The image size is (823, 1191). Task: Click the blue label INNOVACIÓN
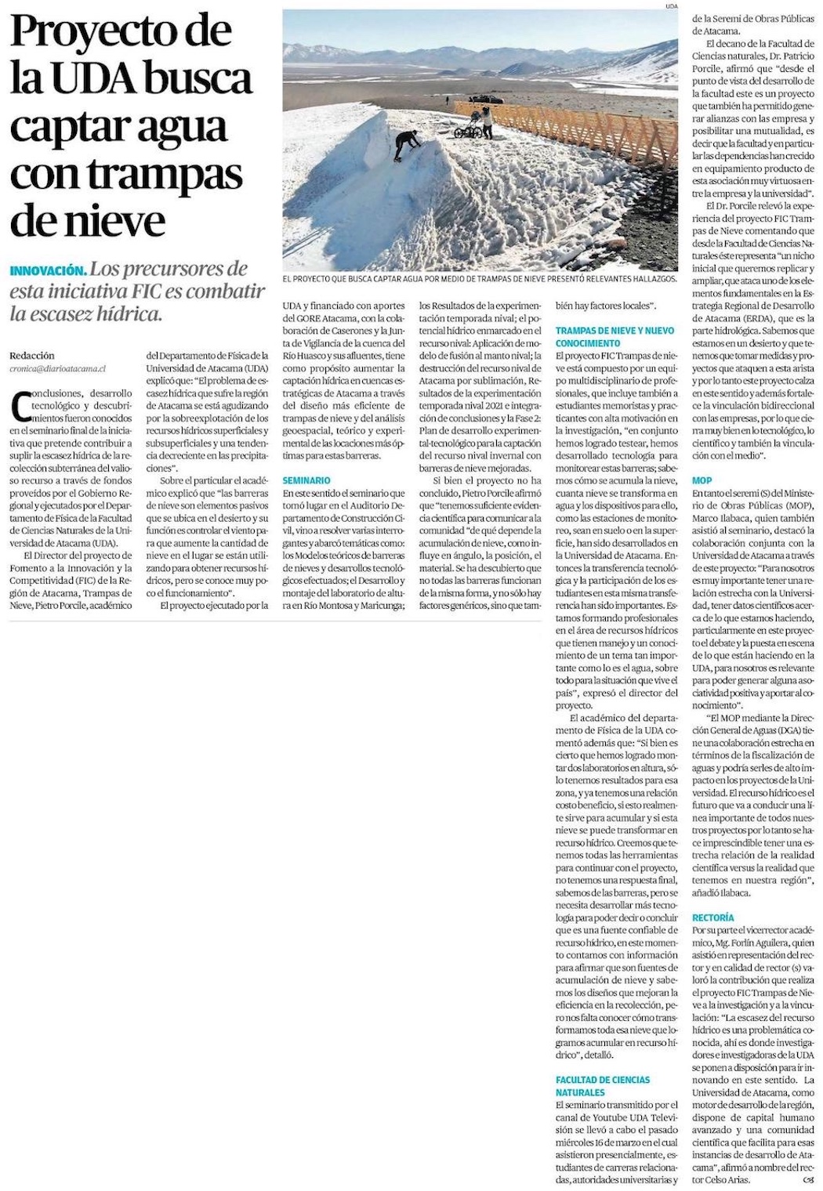[49, 271]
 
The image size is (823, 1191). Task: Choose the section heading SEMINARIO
[306, 480]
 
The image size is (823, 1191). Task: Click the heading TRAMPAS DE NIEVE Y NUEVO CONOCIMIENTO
[615, 338]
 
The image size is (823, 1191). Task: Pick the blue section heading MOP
[702, 480]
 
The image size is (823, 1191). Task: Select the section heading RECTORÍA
[713, 917]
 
